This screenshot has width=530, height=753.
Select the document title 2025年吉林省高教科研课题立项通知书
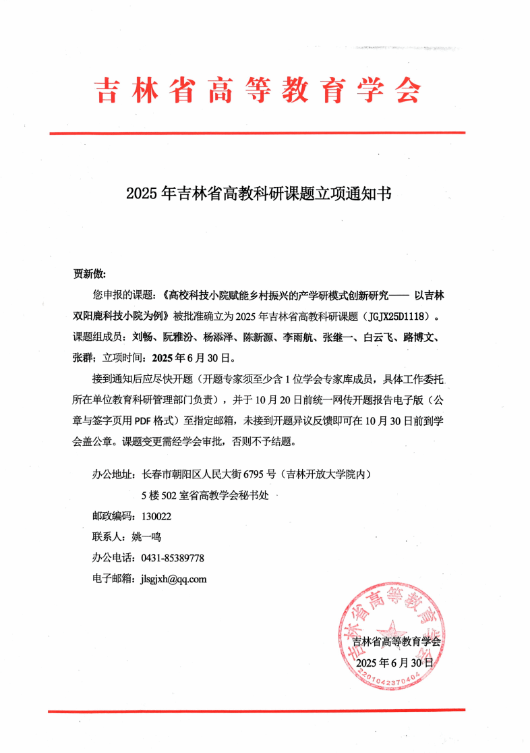(x=258, y=194)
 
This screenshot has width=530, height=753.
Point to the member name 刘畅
(x=142, y=336)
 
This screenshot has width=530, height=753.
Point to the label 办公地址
(x=113, y=474)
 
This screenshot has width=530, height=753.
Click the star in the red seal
(x=390, y=630)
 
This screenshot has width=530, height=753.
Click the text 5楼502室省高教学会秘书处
(x=205, y=495)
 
